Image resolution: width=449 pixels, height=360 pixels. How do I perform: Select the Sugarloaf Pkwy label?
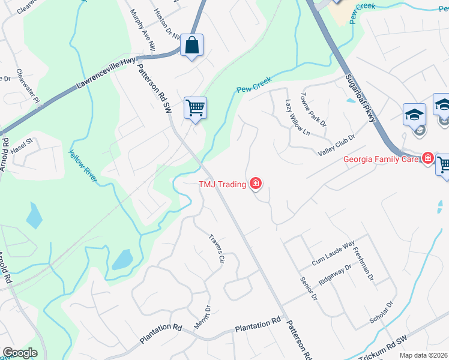coord(360,99)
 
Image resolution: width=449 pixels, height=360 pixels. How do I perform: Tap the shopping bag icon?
coord(191,45)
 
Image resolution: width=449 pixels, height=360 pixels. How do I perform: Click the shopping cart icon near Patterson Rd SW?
coord(195,108)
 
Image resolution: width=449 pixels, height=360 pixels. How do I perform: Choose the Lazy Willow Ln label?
coord(297,118)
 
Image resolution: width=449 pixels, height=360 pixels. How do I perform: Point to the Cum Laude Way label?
coord(334,256)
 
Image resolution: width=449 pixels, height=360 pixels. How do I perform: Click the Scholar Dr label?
coord(381,312)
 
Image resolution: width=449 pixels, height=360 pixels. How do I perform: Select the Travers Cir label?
coord(216,248)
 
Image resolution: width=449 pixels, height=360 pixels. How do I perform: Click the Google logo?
coord(20,353)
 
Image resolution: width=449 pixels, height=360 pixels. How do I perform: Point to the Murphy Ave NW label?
coord(145,33)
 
